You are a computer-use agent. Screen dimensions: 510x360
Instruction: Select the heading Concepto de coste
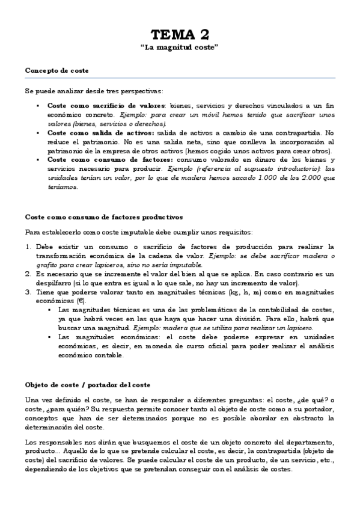coord(56,70)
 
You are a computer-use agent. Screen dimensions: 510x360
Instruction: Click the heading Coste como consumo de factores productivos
coord(104,217)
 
